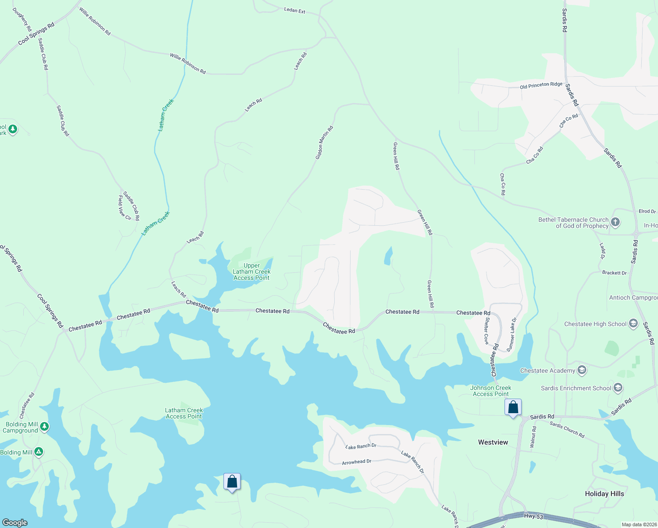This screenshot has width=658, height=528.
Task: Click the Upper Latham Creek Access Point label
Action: pos(252,272)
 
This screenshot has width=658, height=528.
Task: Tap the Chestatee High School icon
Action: pos(633,324)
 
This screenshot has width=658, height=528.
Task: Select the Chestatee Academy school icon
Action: pos(582,370)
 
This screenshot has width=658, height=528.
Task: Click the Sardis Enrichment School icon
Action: pos(618,388)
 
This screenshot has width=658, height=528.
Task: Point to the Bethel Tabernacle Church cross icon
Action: pos(615,222)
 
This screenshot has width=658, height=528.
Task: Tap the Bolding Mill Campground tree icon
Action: pos(44,426)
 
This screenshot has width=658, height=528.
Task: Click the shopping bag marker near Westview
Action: pos(513,408)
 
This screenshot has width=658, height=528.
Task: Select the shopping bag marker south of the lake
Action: pos(232,482)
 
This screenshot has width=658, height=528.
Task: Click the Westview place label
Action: pos(493,442)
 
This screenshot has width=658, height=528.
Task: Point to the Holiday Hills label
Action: pos(604,494)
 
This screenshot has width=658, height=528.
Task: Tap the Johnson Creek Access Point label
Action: pos(490,391)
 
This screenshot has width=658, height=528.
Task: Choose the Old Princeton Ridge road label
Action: pos(541,85)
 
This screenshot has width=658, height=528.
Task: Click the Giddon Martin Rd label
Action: pos(324,143)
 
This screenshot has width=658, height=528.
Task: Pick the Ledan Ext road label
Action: pos(295,10)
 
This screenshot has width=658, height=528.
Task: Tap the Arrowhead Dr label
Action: pos(357,462)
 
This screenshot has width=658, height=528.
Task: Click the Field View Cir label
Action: pos(124,208)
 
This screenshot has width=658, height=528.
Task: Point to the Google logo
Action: pos(15,522)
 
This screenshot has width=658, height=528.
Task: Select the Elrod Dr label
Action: pos(647,211)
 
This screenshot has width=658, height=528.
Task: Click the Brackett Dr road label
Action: pos(614,273)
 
